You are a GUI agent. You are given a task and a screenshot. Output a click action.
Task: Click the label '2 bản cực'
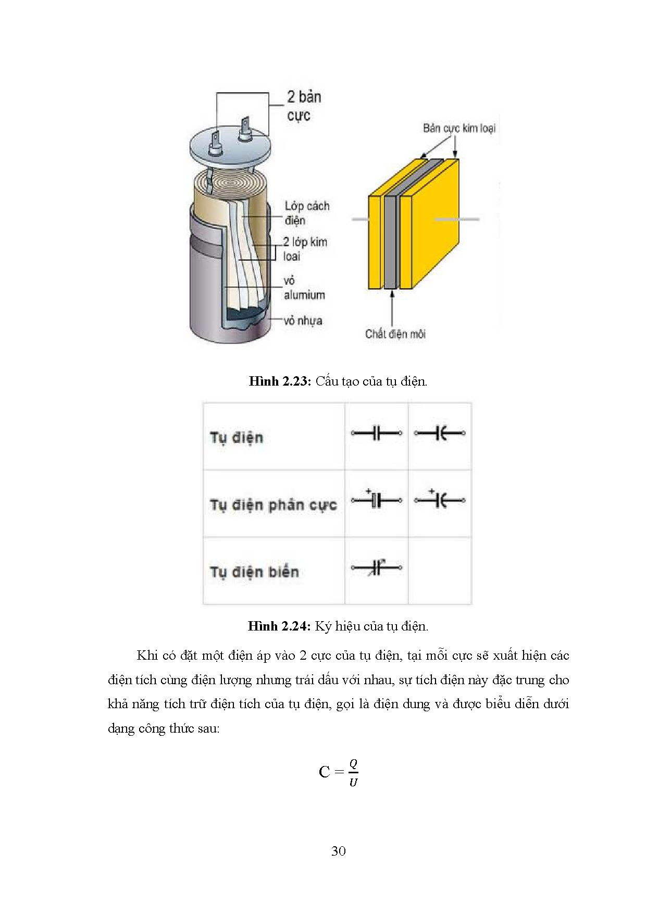pos(304,106)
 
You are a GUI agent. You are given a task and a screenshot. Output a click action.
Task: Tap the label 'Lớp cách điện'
pos(306,213)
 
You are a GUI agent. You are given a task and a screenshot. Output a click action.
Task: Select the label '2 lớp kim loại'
pos(305,249)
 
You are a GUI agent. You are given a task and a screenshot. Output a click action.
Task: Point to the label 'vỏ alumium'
pos(304,288)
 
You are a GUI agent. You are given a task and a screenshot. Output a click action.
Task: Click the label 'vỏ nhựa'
pos(303,320)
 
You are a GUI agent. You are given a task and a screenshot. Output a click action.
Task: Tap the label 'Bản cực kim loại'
pos(459,128)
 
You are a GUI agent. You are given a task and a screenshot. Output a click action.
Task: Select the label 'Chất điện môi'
pos(395,334)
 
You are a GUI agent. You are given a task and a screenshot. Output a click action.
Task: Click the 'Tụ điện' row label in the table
pos(237,437)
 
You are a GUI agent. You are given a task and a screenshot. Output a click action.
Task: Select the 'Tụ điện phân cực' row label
pos(273,504)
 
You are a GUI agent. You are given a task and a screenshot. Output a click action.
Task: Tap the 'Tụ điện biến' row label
pos(254,572)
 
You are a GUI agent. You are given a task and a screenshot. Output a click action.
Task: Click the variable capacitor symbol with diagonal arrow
pos(377,567)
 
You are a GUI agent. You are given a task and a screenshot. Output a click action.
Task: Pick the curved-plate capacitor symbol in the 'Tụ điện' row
pos(440,433)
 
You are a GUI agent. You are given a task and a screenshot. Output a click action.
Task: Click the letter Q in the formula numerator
pos(353,764)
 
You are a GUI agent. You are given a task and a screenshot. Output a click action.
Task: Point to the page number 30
pos(338,851)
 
